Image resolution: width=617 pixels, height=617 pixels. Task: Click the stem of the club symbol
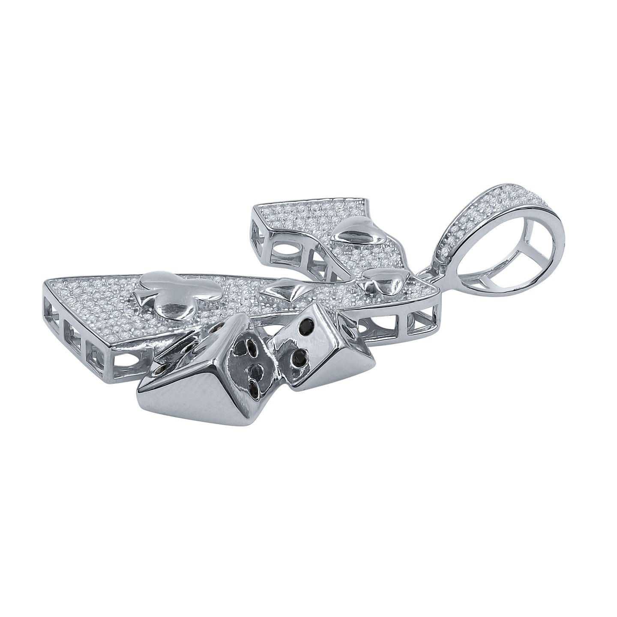pos(141,296)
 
